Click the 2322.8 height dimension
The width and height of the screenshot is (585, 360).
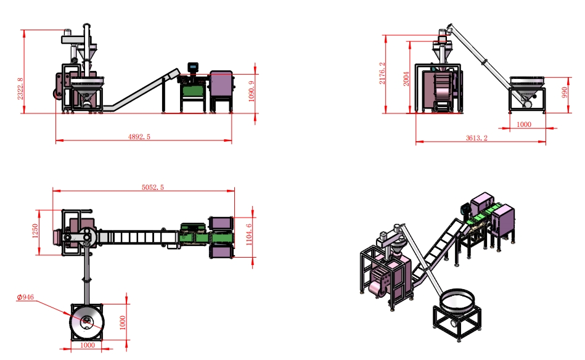[20, 88]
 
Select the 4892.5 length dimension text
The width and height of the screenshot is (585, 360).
[139, 137]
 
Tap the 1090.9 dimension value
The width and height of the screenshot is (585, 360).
[251, 91]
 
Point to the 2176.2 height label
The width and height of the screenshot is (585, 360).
[382, 73]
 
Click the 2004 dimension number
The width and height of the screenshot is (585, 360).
[406, 79]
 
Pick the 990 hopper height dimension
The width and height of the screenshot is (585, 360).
[565, 92]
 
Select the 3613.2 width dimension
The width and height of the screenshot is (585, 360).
[477, 138]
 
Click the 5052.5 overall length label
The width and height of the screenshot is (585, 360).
[153, 187]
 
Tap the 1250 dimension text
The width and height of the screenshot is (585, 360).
[35, 231]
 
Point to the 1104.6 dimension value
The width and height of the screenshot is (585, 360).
[249, 235]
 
